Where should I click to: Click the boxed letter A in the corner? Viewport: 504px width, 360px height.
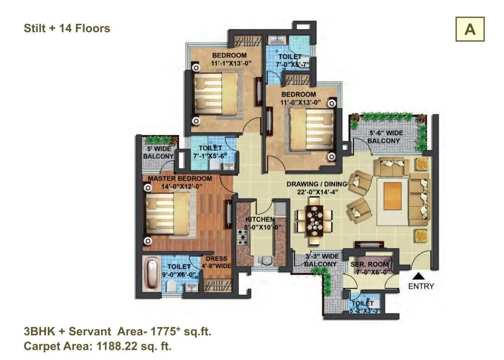coord(470,29)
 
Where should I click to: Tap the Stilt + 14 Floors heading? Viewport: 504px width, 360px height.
coord(67,29)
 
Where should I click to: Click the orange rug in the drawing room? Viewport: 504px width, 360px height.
coord(393,196)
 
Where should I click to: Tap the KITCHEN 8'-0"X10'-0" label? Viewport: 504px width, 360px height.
coord(256,223)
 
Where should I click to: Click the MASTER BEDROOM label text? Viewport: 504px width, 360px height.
coord(180,179)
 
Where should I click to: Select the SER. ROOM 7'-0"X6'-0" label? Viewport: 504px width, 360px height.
coord(370,268)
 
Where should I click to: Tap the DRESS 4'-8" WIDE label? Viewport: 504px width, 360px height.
coord(216,262)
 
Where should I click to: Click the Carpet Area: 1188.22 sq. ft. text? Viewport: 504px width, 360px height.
coord(98,346)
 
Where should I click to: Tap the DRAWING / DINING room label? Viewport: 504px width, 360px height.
coord(317,187)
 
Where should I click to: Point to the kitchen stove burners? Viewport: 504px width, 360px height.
coord(243,237)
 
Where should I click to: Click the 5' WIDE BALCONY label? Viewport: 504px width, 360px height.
coord(159,152)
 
